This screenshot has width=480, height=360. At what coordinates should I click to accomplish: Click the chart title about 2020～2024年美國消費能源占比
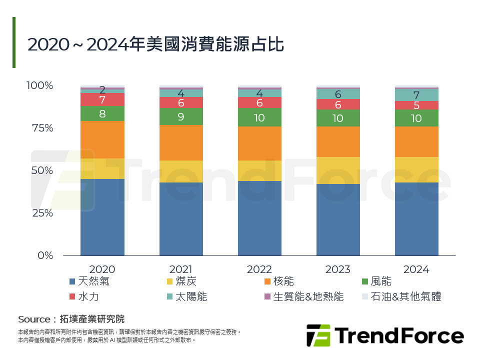(155, 44)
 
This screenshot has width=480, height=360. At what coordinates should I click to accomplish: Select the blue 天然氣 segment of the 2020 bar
(102, 217)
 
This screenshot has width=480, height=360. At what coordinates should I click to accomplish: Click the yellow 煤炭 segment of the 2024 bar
(416, 169)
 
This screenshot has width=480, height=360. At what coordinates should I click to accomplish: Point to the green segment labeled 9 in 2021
(181, 116)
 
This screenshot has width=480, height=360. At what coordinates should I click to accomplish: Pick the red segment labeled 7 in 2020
(102, 99)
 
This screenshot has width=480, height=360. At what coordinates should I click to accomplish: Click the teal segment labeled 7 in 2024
(416, 95)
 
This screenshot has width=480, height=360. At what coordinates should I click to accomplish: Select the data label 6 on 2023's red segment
(338, 105)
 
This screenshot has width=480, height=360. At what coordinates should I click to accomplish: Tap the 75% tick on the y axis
(39, 128)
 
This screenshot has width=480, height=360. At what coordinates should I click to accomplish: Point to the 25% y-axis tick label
(39, 213)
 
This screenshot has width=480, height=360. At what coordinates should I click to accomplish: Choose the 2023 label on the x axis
(338, 269)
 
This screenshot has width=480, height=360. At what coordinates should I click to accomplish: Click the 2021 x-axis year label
(181, 269)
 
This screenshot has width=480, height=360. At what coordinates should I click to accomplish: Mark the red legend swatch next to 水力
(73, 297)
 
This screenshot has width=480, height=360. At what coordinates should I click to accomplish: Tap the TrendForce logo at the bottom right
(384, 335)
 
